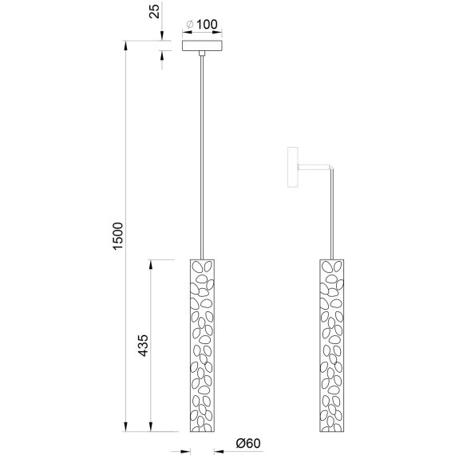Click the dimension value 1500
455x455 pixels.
(117, 237)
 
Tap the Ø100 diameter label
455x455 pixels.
(200, 24)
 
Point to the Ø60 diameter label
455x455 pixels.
(249, 444)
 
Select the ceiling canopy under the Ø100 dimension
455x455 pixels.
(204, 47)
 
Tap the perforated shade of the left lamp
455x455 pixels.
(204, 346)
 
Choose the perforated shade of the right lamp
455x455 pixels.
(333, 346)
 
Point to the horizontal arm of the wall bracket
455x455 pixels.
(313, 165)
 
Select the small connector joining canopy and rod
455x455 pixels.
(204, 55)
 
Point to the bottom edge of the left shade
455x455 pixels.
(204, 434)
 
